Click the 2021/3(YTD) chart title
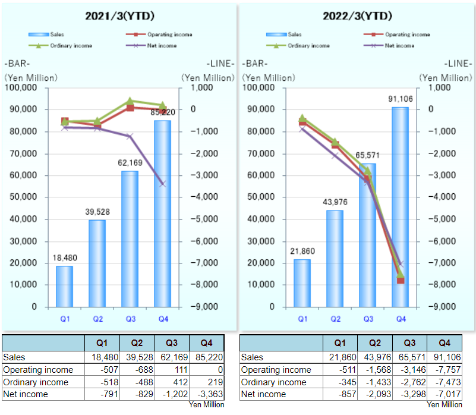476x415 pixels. pos(119,15)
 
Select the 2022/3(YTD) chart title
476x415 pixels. pos(357,15)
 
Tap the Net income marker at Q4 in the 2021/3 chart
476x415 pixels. pos(163,184)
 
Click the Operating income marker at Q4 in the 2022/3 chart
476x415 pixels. pos(401,280)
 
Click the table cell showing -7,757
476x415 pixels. pos(444,370)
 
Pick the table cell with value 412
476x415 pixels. pos(172,382)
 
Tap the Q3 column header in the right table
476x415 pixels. pos(409,343)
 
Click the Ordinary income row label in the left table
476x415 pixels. pos(36,382)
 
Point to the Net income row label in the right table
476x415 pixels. pos(265,394)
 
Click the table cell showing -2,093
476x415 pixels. pos(375,394)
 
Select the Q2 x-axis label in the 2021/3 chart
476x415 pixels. pos(98,319)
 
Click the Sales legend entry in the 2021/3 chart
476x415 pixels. pos(53,34)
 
